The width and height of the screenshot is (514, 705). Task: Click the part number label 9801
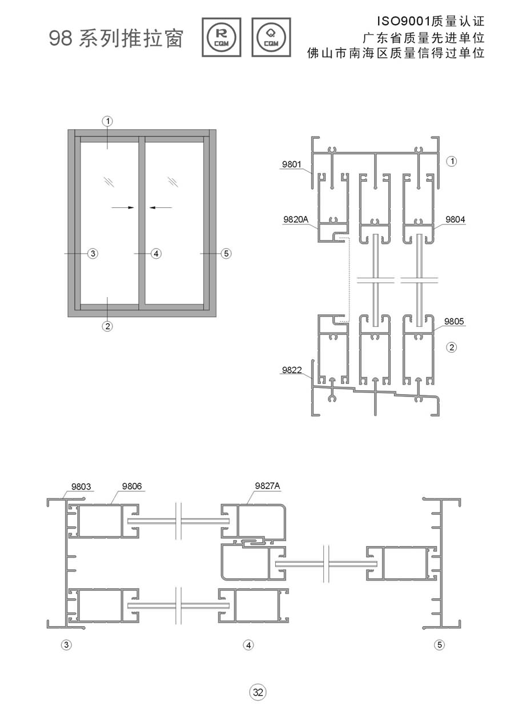click(x=292, y=165)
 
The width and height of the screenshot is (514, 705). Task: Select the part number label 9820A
click(x=296, y=220)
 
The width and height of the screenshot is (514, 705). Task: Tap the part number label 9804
click(x=455, y=219)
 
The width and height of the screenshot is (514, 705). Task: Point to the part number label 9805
click(x=454, y=321)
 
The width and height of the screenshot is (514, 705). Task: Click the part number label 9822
click(x=292, y=370)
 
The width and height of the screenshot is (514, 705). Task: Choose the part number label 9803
click(x=81, y=487)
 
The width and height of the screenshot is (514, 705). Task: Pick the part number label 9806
click(x=132, y=486)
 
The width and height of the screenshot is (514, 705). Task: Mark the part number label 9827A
click(x=267, y=486)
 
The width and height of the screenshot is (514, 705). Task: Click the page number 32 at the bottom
click(x=258, y=692)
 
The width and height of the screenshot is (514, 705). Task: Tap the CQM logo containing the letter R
click(x=222, y=38)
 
